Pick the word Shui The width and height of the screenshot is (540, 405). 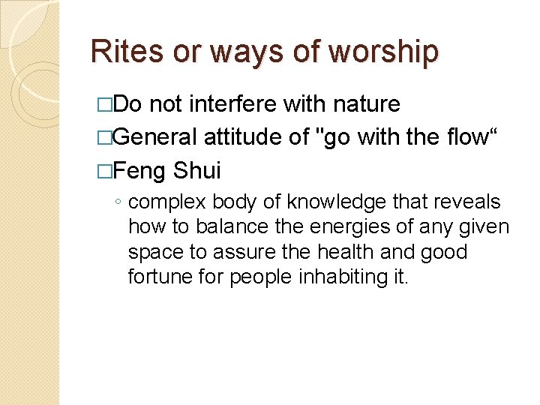(x=197, y=171)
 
